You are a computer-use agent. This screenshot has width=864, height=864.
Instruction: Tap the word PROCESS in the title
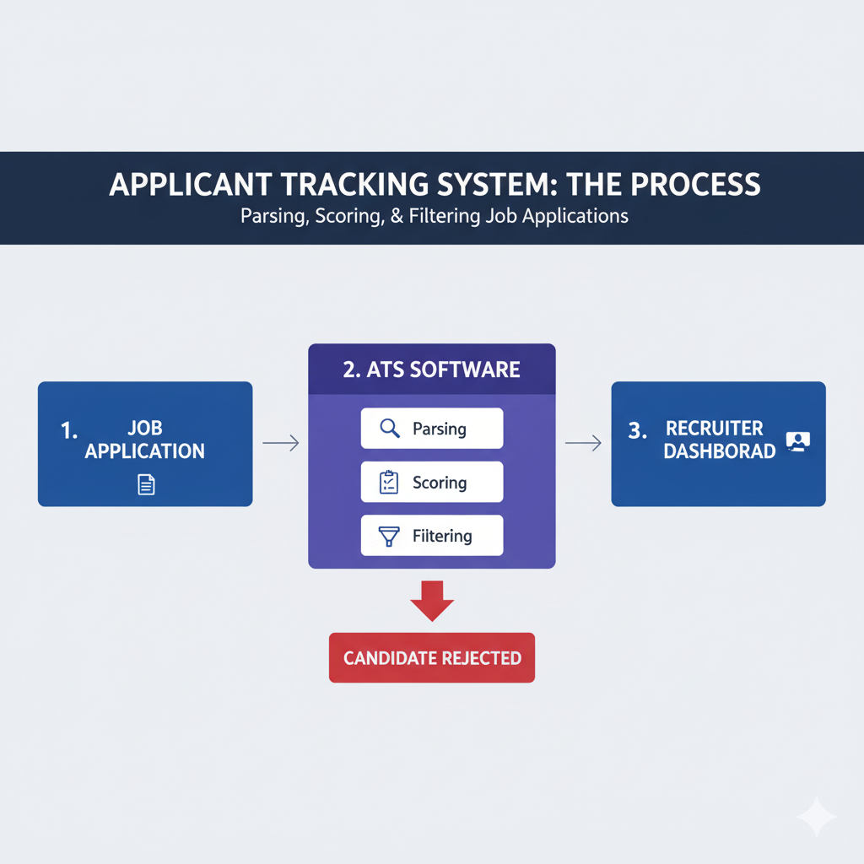pos(694,185)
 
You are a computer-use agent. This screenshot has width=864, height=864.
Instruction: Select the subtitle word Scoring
pos(343,216)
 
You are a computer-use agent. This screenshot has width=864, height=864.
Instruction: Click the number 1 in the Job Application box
pos(68,429)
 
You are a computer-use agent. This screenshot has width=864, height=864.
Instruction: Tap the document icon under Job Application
pos(146,484)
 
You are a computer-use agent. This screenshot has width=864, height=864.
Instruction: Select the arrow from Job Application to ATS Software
pos(281,443)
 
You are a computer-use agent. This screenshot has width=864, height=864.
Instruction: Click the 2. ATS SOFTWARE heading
pos(431,370)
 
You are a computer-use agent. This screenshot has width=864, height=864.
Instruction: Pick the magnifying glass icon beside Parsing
pos(389,429)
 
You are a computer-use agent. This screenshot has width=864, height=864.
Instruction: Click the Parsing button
pos(431,429)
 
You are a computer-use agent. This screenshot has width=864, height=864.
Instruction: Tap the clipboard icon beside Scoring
pos(389,483)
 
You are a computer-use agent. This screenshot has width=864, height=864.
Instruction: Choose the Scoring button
pos(431,483)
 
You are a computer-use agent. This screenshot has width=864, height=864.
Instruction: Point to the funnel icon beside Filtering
pos(389,536)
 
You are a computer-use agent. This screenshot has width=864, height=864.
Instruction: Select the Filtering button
pos(431,536)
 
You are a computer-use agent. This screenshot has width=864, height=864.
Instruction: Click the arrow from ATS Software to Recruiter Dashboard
pos(583,443)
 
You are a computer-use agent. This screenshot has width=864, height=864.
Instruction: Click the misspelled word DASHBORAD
pos(719,451)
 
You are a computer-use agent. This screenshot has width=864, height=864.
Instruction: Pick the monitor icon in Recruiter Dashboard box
pos(796,441)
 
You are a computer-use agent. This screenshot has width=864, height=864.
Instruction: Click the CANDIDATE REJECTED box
pos(432,657)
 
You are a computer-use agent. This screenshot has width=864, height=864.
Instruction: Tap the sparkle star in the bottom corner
pos(816,816)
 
